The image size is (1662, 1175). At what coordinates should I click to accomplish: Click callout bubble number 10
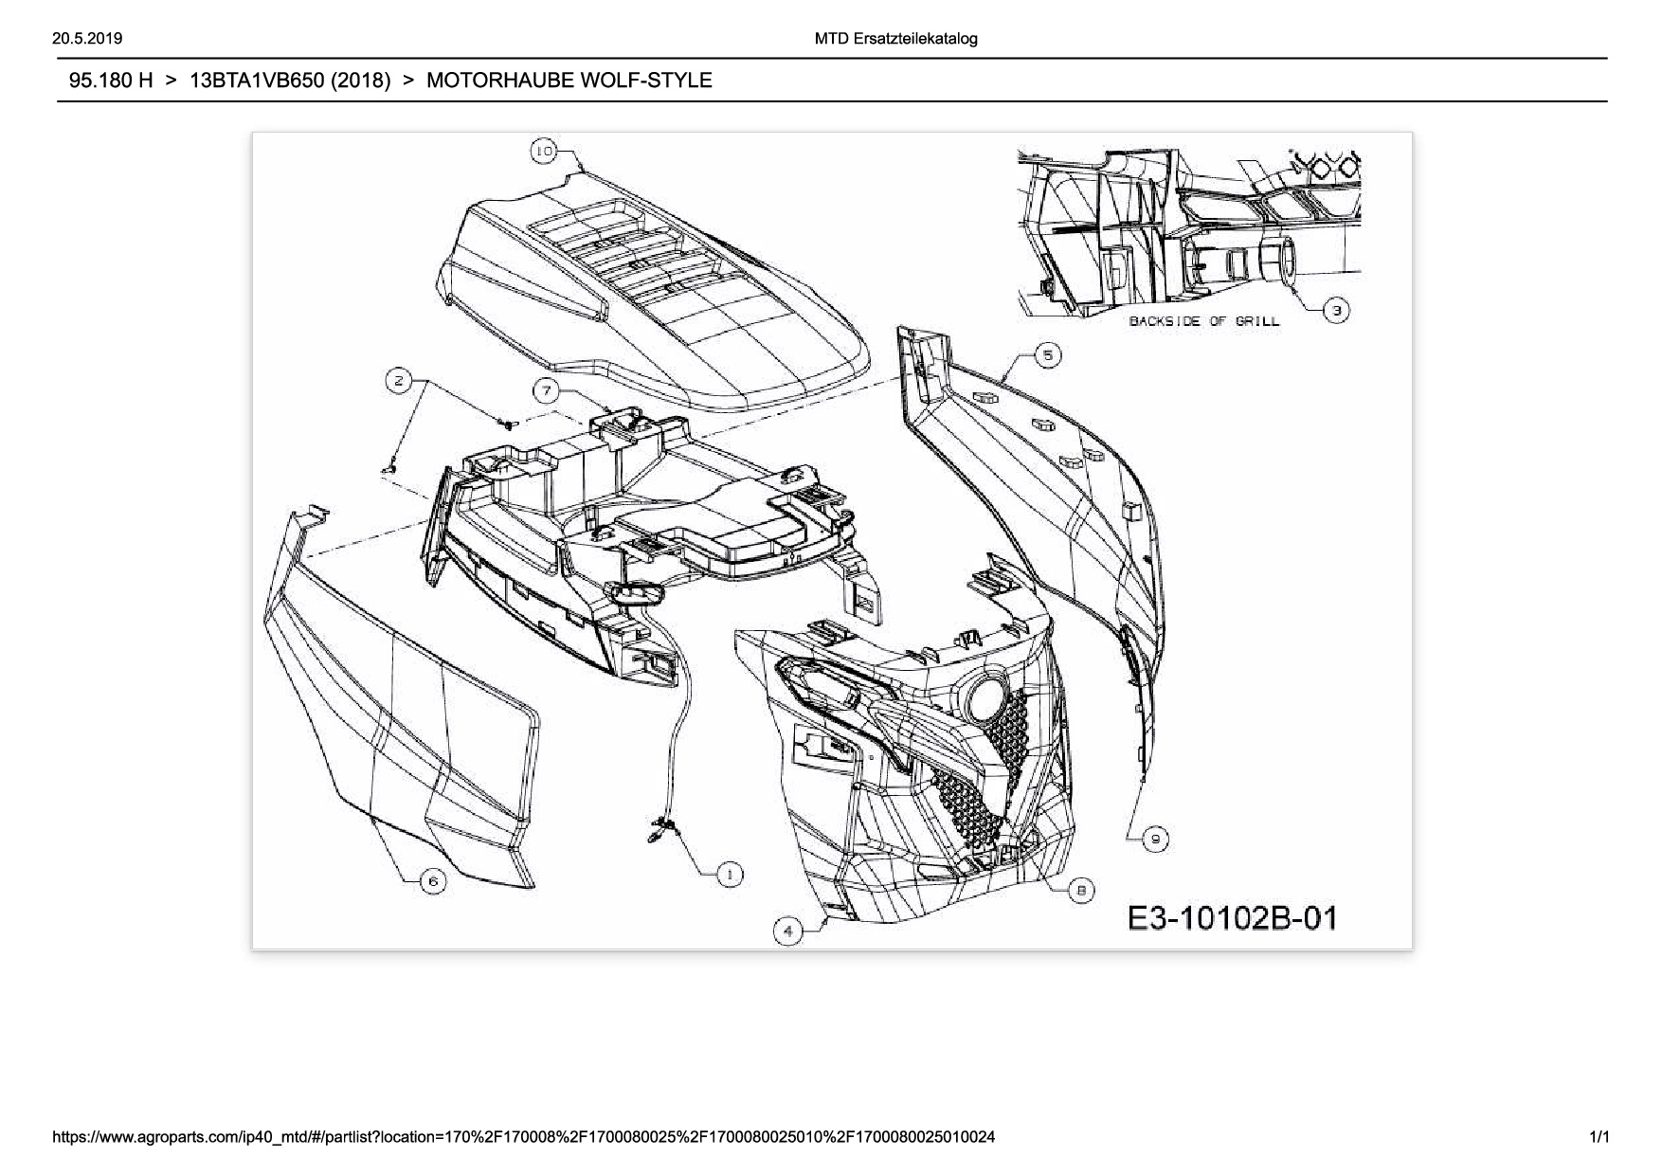543,151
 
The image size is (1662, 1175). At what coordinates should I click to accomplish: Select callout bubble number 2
399,381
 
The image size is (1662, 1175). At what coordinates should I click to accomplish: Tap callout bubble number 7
546,390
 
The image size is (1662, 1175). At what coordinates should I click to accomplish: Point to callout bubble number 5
1047,355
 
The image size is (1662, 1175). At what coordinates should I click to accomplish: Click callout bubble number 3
1336,310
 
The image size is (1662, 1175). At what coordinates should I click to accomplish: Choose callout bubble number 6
433,881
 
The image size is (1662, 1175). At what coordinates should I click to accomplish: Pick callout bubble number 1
729,875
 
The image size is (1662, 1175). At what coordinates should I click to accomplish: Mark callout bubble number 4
788,931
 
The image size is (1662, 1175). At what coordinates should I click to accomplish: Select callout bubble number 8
1081,890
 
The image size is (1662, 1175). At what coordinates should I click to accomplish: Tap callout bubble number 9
1155,839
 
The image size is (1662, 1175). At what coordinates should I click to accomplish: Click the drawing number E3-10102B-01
1232,918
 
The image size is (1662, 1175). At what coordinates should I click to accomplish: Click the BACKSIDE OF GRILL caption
1203,321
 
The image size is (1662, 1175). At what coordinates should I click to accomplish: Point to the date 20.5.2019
88,39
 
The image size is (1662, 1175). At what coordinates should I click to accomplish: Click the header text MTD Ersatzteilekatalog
895,39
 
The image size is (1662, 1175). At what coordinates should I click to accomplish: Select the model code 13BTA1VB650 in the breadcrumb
290,81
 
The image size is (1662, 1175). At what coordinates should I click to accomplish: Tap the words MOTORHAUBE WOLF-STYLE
569,81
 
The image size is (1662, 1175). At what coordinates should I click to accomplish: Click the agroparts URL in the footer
527,1137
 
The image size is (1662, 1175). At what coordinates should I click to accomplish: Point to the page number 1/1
1599,1137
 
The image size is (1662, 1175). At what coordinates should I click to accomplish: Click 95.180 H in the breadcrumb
111,81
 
